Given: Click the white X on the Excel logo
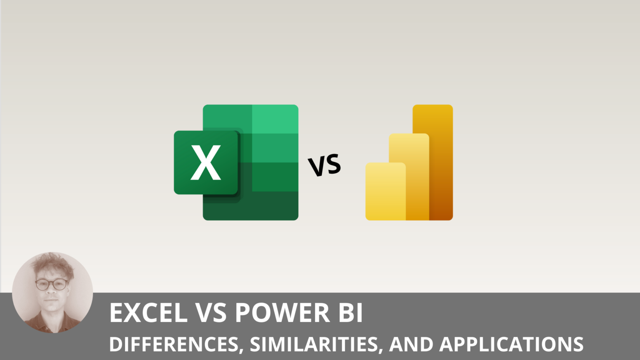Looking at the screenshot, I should [205, 162].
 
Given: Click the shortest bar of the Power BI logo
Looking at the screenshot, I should [385, 192].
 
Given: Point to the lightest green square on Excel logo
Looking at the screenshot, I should [275, 119].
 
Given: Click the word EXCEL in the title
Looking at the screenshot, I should [148, 313].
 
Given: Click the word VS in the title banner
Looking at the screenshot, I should [211, 313].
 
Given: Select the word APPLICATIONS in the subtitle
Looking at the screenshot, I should [511, 344].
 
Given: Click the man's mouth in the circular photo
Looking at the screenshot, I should [51, 300].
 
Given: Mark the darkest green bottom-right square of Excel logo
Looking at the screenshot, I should [275, 206].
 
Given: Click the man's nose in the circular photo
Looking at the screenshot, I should [51, 292].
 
